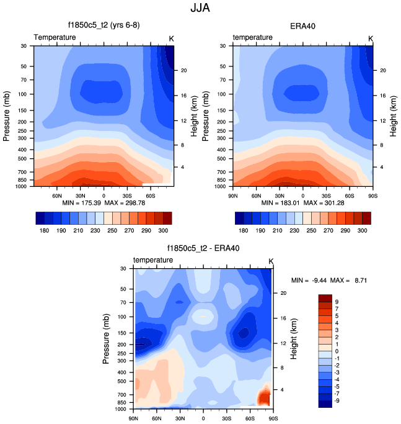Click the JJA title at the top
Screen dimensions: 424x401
(200, 9)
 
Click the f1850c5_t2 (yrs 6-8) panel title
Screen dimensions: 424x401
(104, 26)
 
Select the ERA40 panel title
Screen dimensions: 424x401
(303, 26)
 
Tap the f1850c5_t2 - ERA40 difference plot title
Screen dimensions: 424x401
(203, 248)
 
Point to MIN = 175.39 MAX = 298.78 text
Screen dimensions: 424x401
(104, 203)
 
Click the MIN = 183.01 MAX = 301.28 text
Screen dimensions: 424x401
(303, 203)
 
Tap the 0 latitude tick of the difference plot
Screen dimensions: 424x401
(203, 418)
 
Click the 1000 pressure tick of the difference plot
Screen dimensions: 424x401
(121, 410)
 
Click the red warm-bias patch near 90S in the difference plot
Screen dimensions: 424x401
(265, 395)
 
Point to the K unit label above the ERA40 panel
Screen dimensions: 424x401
(371, 38)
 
